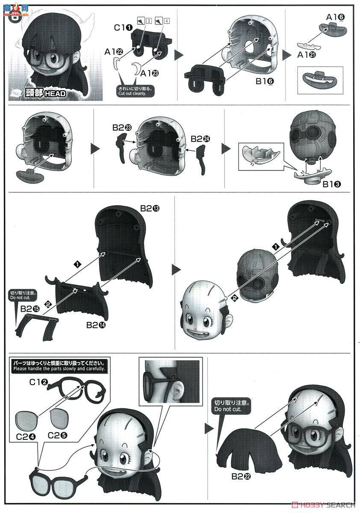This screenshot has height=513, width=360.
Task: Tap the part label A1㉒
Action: pos(113,51)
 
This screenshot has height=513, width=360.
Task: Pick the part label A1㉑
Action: pos(307,55)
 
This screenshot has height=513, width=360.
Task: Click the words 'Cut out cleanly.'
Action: pos(132,93)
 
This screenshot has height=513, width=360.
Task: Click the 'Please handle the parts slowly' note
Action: pos(59,368)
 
